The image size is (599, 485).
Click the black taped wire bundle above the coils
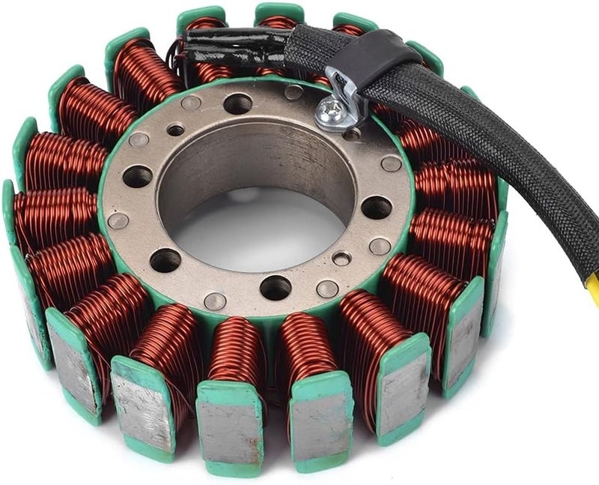coord(232,46)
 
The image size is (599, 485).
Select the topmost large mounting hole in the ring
coord(238,103)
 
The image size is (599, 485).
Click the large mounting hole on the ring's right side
coord(377,207)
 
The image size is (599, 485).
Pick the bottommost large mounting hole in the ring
coord(276,287)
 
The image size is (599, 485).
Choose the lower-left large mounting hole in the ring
coord(165,260)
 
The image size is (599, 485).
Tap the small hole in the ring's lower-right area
coord(341,259)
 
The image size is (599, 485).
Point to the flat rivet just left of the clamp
coord(294,92)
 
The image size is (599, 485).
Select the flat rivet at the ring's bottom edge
coord(215,301)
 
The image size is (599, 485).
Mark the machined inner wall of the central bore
coord(247,161)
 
